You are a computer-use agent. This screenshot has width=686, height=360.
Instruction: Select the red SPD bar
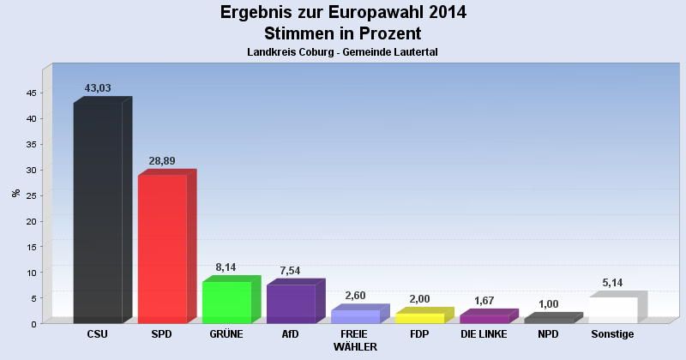pos(162,249)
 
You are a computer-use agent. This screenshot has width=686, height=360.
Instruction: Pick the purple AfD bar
pos(291,303)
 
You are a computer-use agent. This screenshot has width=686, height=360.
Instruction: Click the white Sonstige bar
pos(612,309)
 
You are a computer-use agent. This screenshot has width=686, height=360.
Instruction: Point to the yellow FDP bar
pos(419,318)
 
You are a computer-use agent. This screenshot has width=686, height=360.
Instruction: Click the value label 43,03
pos(98,88)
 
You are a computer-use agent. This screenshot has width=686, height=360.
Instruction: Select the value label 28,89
pos(162,161)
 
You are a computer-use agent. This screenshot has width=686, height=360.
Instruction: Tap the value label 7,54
pos(291,271)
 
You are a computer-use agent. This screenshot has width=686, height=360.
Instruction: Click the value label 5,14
pos(612,283)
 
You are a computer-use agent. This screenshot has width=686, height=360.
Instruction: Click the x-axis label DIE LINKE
pos(484,333)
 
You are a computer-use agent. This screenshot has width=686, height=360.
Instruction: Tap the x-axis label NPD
pos(548,333)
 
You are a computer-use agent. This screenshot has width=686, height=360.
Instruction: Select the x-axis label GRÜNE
pos(226,333)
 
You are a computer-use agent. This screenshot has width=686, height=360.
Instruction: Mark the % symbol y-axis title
pos(15,193)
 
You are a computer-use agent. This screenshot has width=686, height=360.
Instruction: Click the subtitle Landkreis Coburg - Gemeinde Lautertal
pos(343,52)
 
